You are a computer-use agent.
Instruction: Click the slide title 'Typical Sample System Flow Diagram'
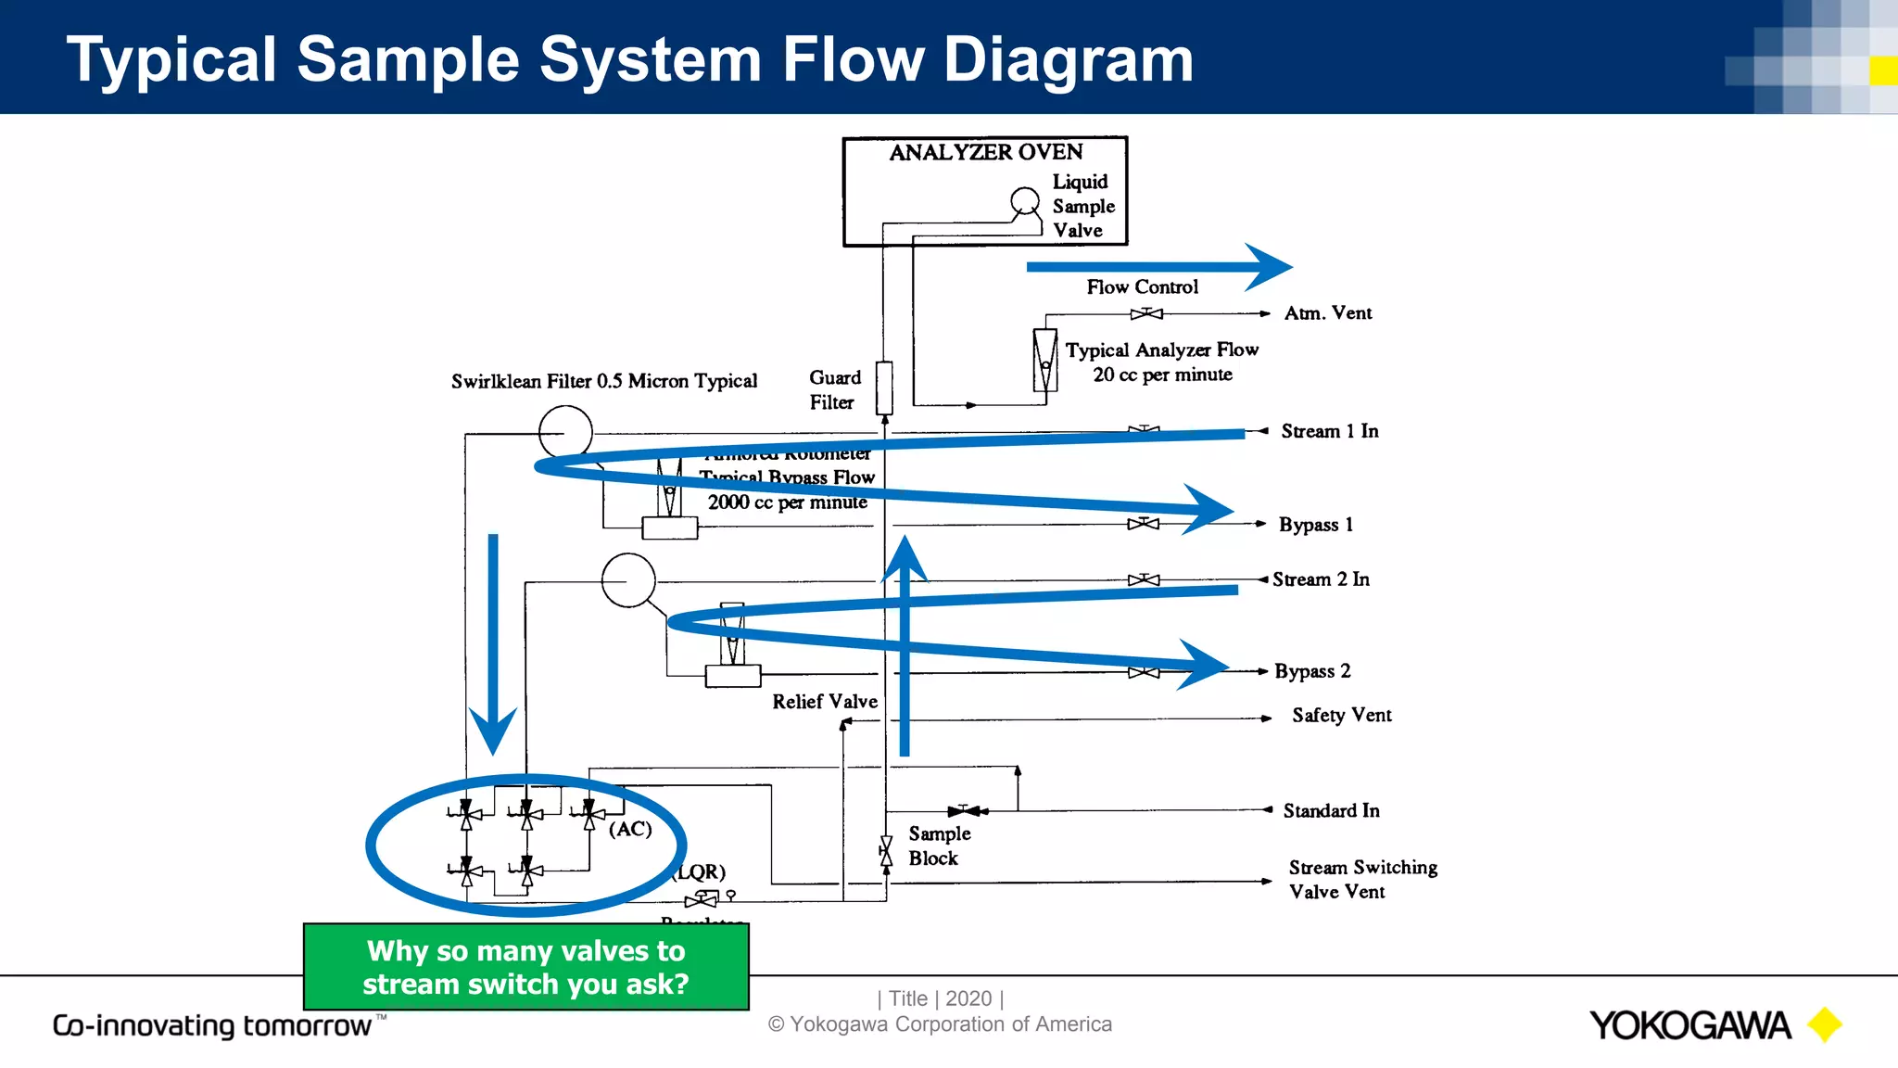click(x=630, y=59)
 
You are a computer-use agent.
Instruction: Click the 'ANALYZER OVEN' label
click(x=985, y=152)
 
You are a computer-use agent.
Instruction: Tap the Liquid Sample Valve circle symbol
click(x=1024, y=200)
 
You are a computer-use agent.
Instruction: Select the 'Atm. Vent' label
click(x=1327, y=313)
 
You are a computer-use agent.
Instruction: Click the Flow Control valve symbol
click(x=1146, y=313)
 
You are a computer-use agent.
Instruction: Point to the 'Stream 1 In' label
click(x=1329, y=431)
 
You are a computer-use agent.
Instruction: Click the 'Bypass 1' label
click(x=1315, y=525)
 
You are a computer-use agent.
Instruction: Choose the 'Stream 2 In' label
click(x=1321, y=579)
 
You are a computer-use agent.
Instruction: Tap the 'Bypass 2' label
click(x=1311, y=671)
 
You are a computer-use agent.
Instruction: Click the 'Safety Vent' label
click(x=1341, y=716)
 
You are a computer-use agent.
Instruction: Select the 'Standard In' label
click(x=1331, y=811)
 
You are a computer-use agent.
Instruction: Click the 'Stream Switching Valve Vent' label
click(x=1361, y=879)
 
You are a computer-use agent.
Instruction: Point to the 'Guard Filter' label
click(x=834, y=390)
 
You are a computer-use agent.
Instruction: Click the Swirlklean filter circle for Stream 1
click(x=565, y=432)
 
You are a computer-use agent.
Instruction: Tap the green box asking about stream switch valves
click(x=525, y=967)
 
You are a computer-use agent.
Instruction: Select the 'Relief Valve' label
click(x=824, y=702)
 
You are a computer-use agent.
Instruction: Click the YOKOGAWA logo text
click(x=1689, y=1025)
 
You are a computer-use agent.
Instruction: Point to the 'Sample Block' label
click(x=938, y=845)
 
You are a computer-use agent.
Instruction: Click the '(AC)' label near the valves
click(x=630, y=829)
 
